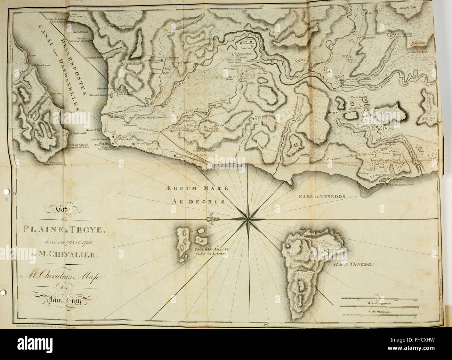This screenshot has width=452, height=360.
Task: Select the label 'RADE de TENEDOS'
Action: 322,196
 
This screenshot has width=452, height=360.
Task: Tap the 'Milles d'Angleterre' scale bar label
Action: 380,303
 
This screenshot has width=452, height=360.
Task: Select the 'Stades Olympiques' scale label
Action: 380,312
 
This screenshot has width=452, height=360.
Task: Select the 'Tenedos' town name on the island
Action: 309,236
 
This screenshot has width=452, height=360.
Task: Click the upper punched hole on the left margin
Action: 4,191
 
